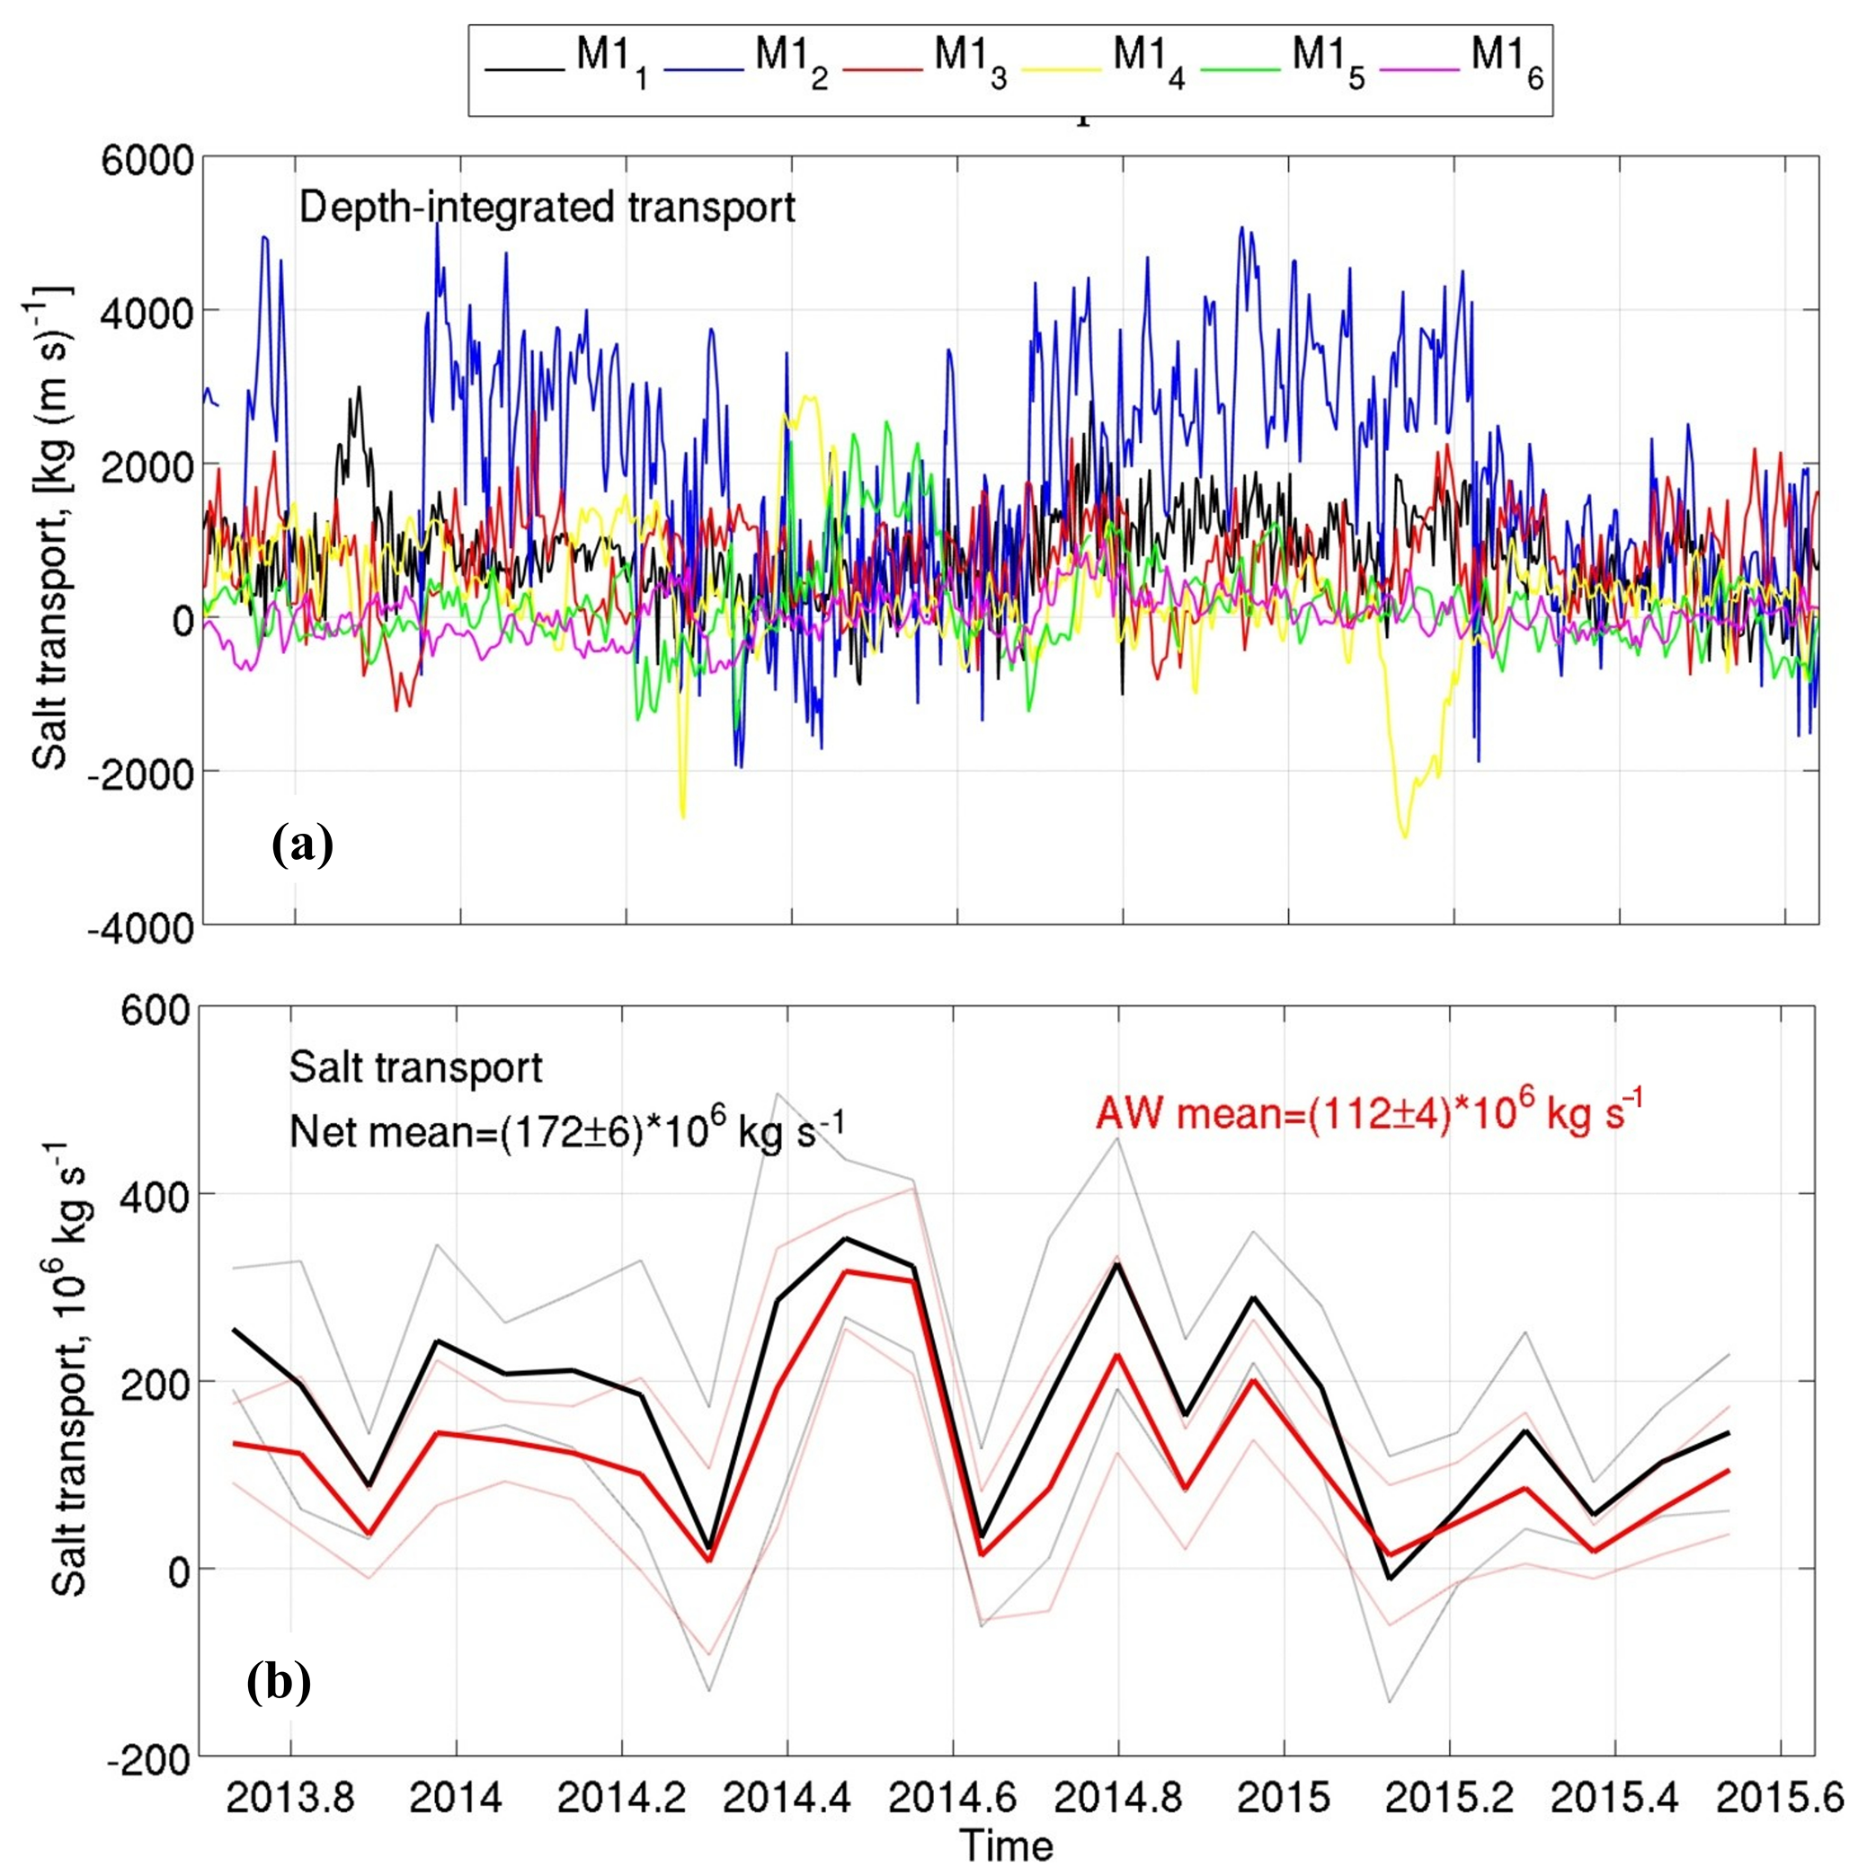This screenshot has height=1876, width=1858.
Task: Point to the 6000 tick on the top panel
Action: pos(146,157)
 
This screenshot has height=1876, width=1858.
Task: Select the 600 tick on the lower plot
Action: pos(156,1011)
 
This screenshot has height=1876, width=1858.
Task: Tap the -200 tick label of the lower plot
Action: pos(147,1760)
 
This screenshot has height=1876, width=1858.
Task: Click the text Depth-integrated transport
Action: pos(547,207)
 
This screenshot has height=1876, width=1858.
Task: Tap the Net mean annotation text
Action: pos(567,1129)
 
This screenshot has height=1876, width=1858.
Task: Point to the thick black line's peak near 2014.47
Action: pos(846,1238)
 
